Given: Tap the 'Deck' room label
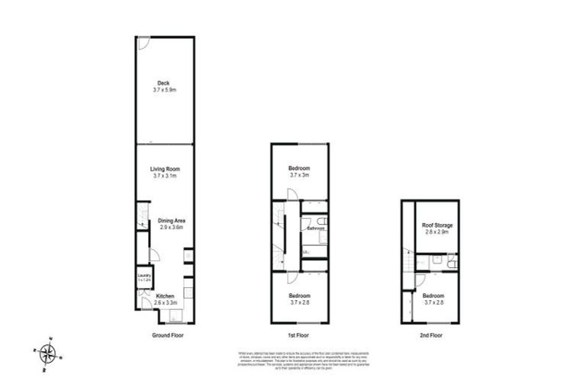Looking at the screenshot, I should [x=163, y=83].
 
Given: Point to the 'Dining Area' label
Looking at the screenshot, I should [x=172, y=220].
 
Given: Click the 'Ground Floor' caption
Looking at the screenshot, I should [x=167, y=335].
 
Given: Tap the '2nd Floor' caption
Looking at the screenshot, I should [x=432, y=335].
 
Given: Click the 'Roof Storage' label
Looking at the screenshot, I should [x=437, y=225].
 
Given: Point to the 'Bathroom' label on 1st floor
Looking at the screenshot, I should [x=317, y=228].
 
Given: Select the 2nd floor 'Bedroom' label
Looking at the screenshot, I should [x=433, y=295].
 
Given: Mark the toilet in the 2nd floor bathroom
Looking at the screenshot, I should [x=452, y=263].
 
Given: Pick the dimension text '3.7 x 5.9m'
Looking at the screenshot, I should [x=164, y=90].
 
